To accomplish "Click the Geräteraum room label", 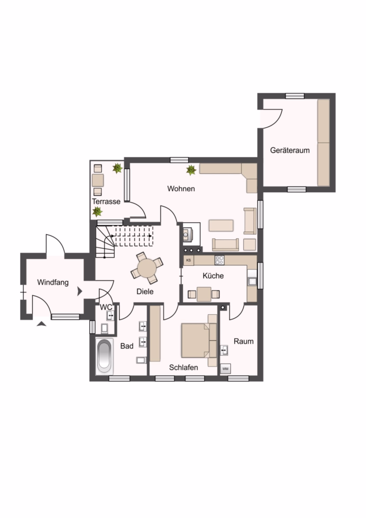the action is tap(289, 150).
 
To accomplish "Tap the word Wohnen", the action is tap(181, 189).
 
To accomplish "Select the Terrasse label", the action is tap(106, 201).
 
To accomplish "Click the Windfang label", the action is tap(53, 283).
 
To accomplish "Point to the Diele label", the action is tap(145, 291).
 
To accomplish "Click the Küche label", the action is tap(213, 276).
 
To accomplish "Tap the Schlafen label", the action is tap(184, 367).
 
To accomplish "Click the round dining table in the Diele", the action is tap(147, 268).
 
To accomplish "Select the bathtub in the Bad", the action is tap(104, 356).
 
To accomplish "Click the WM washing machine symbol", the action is tap(225, 369).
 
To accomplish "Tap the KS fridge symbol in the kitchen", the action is tap(189, 260).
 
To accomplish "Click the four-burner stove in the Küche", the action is tap(219, 260).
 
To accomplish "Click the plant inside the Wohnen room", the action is tap(191, 170).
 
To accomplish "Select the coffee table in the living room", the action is tap(221, 225).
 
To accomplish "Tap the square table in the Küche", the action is tap(204, 294).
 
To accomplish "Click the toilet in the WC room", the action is tap(104, 329).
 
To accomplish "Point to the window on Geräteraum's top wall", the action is tap(295, 96).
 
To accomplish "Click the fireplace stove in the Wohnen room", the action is tap(188, 234).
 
